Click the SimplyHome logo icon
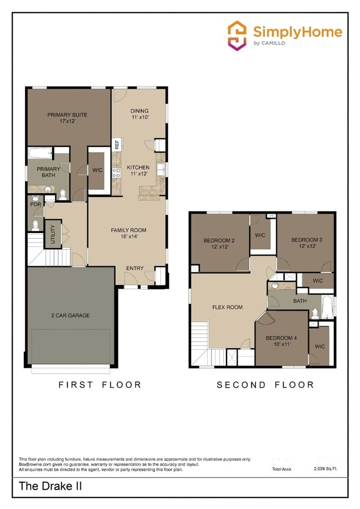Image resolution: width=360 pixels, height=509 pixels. (238, 36)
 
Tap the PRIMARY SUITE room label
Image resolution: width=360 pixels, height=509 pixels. (67, 115)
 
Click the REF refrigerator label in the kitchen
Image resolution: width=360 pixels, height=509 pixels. (117, 145)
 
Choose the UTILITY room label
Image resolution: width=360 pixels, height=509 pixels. (53, 233)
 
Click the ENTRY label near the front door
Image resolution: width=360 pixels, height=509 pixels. (135, 269)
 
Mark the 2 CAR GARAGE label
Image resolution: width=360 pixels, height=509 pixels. (70, 316)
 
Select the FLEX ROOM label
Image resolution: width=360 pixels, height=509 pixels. (228, 307)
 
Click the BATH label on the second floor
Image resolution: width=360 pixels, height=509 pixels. (300, 301)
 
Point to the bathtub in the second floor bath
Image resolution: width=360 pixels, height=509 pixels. (327, 307)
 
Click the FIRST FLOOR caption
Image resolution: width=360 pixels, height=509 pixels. (100, 384)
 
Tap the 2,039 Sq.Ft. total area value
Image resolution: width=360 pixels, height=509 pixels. (326, 469)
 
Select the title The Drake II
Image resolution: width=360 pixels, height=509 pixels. (44, 487)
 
